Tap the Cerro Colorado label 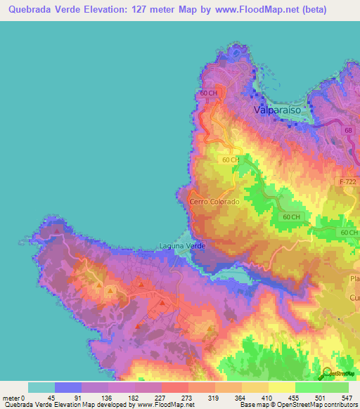[x=214, y=202]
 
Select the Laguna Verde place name [x=181, y=245]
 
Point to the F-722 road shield [x=348, y=181]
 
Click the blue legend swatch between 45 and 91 [x=68, y=387]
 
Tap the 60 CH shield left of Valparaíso [x=207, y=93]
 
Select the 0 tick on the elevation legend [x=25, y=397]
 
